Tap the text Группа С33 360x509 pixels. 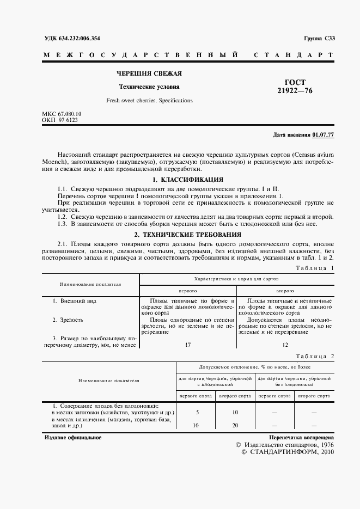(x=319, y=38)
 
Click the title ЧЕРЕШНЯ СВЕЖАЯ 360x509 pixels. (x=149, y=73)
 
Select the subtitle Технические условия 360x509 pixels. (x=149, y=87)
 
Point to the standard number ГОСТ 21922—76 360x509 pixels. (x=295, y=87)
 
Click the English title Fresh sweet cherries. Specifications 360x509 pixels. (x=149, y=101)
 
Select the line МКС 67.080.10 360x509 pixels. (x=62, y=114)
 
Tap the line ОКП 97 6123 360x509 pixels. (x=60, y=120)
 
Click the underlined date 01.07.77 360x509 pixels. (x=324, y=134)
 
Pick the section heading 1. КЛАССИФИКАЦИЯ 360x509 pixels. (x=188, y=179)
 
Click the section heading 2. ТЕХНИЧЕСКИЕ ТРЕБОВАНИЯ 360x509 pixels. (x=188, y=234)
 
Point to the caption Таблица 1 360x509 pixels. (x=315, y=268)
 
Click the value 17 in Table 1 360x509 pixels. (x=188, y=345)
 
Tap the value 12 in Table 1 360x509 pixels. (x=285, y=345)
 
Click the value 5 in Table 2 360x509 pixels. (x=197, y=413)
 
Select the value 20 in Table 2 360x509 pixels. (x=235, y=426)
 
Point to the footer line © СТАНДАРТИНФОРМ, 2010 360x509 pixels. (x=286, y=452)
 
